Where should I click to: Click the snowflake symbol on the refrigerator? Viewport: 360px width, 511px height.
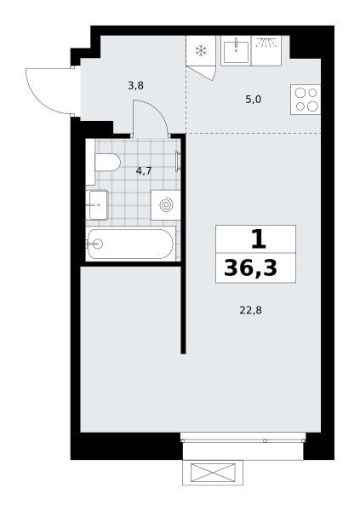pos(201,50)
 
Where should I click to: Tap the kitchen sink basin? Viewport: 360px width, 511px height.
pos(236,50)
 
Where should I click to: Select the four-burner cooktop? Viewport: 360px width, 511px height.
pos(306,100)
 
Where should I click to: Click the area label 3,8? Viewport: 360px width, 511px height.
pos(135,86)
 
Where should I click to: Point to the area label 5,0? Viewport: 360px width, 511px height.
pos(253,100)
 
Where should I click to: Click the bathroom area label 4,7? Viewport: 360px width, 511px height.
pos(144,171)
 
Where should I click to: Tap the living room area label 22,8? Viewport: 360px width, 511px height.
pos(250,311)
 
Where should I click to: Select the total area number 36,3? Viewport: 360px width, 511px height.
pos(250,268)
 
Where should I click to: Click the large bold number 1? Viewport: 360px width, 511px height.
pos(259,238)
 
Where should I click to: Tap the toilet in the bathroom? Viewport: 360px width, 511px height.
pos(107,162)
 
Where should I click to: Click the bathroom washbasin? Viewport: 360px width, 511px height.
pos(97,205)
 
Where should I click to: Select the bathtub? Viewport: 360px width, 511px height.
pos(130,244)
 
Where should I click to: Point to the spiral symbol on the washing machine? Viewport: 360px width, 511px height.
pos(166,205)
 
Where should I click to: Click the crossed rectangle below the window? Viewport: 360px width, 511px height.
pos(213,473)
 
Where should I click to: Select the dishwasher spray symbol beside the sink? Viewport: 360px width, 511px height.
pos(266,43)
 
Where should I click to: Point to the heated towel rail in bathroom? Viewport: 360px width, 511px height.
pos(178,161)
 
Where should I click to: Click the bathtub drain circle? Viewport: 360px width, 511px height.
pos(97,244)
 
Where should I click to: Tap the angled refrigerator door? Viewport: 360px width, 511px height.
pos(201,72)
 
